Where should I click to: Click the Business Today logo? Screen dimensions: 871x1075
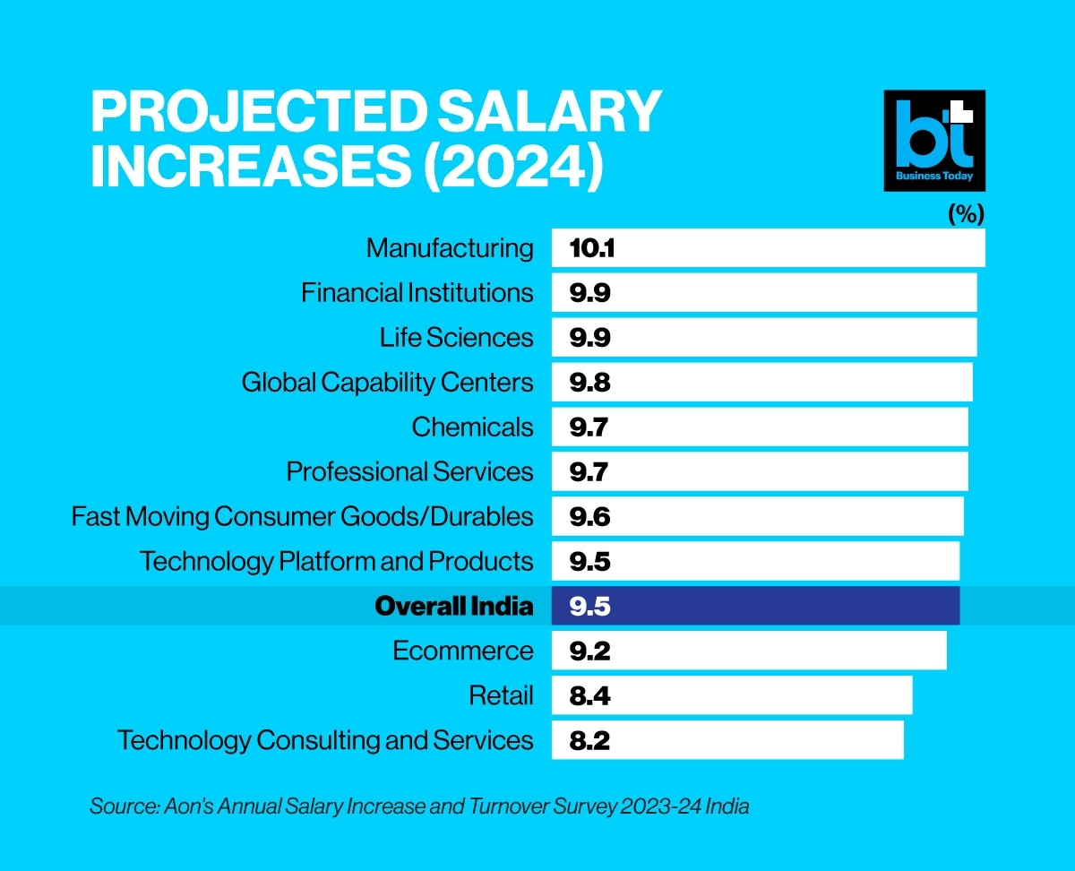(934, 140)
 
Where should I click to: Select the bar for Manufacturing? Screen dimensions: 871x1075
(768, 248)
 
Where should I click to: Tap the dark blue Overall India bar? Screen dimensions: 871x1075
(755, 607)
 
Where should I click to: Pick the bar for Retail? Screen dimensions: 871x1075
(731, 696)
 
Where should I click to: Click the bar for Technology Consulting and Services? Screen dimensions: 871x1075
(727, 741)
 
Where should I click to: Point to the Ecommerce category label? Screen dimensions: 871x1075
(463, 651)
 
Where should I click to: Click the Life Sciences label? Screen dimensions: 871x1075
(456, 338)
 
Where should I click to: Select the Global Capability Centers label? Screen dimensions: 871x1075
(387, 383)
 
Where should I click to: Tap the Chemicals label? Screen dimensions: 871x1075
(472, 427)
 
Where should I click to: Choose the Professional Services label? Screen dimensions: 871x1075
(409, 472)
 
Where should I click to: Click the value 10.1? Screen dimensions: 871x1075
(591, 248)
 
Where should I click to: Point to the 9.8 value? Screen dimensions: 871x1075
(589, 383)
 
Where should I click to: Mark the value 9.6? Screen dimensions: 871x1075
(589, 517)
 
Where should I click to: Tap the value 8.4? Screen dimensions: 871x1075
(589, 696)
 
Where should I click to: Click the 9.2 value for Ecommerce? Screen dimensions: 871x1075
(589, 651)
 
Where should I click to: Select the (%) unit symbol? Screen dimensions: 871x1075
(966, 215)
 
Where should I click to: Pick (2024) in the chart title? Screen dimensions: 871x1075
(512, 169)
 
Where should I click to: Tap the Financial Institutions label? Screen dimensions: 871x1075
(417, 293)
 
